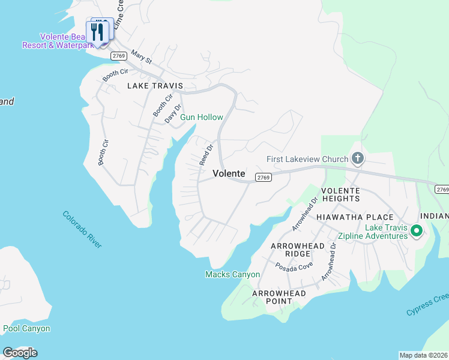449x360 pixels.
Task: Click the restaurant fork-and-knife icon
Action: (96, 31)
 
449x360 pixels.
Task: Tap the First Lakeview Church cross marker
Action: (358, 159)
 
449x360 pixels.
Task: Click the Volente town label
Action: (229, 173)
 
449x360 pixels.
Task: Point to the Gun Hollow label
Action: (202, 117)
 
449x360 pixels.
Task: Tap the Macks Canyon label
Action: (232, 274)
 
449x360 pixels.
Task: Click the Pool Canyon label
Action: (26, 328)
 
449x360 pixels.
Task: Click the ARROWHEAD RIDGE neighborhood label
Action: (298, 250)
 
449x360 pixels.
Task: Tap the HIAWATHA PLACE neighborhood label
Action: (355, 217)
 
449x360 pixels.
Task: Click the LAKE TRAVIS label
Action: (154, 86)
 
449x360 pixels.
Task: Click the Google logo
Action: (19, 353)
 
